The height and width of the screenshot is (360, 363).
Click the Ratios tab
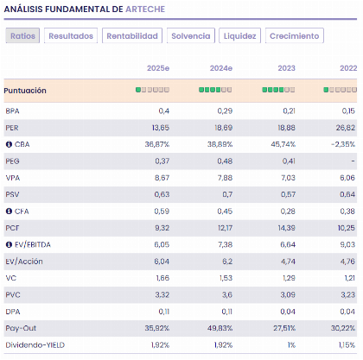tap(23, 36)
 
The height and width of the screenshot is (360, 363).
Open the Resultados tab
tap(71, 36)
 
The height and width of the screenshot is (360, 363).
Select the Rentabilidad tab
tap(132, 36)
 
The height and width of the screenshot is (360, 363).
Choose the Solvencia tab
tap(190, 36)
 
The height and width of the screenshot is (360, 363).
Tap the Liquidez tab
tap(239, 36)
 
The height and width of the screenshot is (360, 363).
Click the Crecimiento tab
tap(295, 36)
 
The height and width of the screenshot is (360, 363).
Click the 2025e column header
tap(158, 67)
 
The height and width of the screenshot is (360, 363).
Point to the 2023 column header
tap(285, 67)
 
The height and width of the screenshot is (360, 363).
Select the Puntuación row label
tap(25, 91)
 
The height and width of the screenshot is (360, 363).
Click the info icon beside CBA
tap(9, 144)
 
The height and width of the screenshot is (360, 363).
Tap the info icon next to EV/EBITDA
tap(9, 244)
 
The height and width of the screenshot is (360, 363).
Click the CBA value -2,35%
tap(341, 144)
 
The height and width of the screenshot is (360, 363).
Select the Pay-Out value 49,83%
tap(220, 328)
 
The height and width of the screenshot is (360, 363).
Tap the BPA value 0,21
tap(287, 111)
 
